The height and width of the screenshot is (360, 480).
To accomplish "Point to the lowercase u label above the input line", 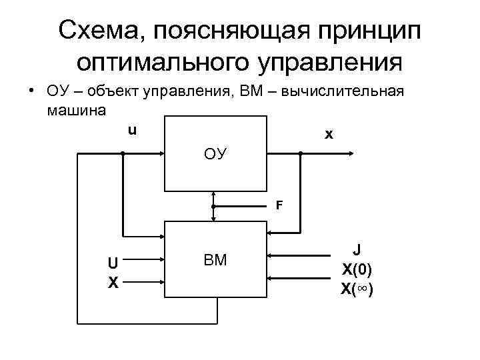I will [132, 130].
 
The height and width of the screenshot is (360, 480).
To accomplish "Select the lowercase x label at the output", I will [328, 135].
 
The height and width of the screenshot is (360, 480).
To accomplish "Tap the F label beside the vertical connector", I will [279, 205].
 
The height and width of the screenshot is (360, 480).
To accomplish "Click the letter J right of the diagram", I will [357, 250].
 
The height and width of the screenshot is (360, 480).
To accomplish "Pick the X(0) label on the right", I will [357, 269].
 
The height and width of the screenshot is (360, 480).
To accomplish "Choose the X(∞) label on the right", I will [357, 289].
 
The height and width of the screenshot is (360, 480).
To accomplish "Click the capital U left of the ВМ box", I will [114, 263].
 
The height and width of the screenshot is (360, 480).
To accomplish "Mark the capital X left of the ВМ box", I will [114, 283].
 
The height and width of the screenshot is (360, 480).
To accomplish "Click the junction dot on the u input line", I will [123, 154].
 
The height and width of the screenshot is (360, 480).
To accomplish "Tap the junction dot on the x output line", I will [301, 154].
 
